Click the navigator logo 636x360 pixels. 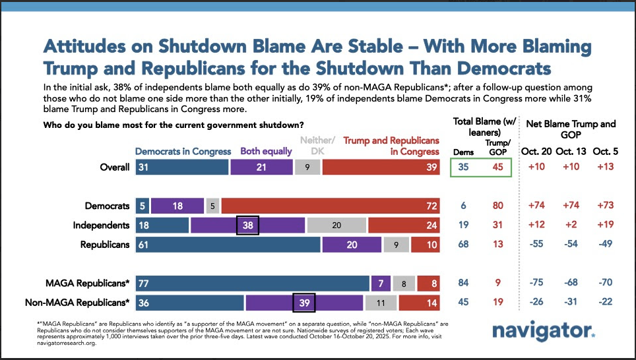(x=544, y=331)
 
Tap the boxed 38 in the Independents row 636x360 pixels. (x=247, y=225)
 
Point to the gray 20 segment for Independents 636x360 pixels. (x=336, y=225)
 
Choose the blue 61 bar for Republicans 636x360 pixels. (x=228, y=245)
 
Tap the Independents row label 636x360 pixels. (x=101, y=225)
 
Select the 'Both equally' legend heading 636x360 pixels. (x=266, y=151)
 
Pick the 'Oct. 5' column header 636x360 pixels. (x=606, y=151)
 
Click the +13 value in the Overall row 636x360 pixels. (x=606, y=167)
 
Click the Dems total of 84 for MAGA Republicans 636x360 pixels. (x=464, y=284)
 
